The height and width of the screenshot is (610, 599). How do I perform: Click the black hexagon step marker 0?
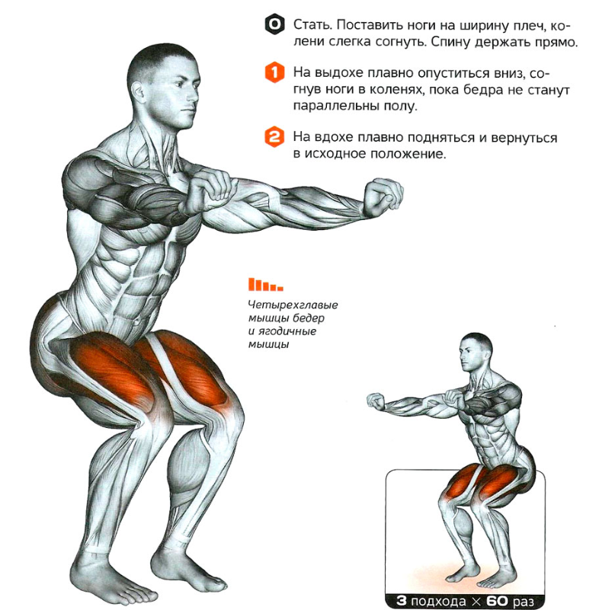pyautogui.click(x=275, y=25)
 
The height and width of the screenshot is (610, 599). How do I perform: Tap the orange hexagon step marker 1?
pyautogui.click(x=275, y=73)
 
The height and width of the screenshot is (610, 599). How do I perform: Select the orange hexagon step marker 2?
pyautogui.click(x=275, y=137)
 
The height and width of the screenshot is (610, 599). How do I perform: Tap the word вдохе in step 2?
pyautogui.click(x=335, y=138)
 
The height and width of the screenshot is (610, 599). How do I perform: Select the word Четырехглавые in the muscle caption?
pyautogui.click(x=293, y=305)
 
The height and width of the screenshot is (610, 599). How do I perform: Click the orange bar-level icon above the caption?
pyautogui.click(x=266, y=285)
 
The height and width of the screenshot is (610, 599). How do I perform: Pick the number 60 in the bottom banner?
pyautogui.click(x=498, y=601)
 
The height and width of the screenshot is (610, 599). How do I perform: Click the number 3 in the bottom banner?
pyautogui.click(x=402, y=601)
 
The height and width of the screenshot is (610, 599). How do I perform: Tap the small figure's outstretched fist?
pyautogui.click(x=376, y=401)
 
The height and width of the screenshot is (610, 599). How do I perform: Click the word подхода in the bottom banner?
pyautogui.click(x=438, y=602)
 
